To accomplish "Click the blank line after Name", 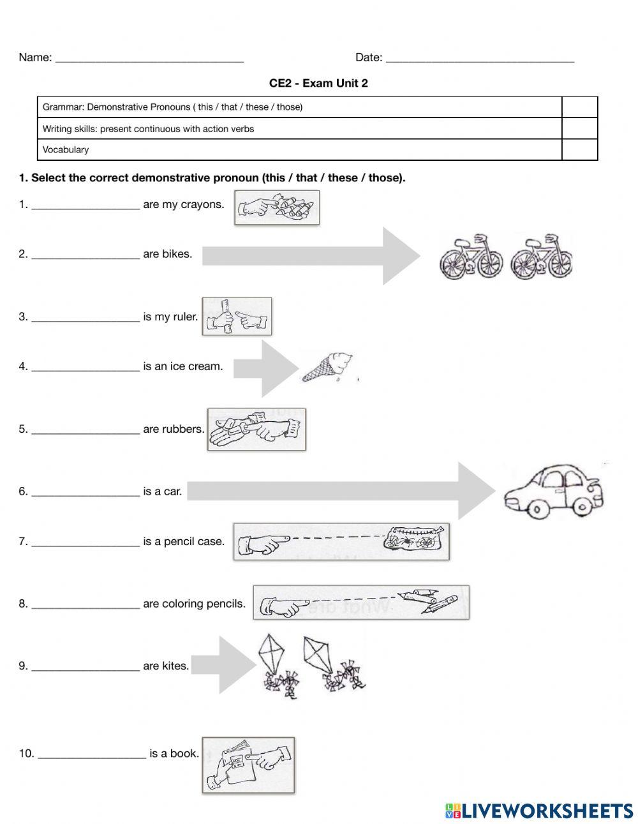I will (149, 59).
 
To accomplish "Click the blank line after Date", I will (480, 59).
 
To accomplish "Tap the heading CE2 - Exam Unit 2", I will (318, 83).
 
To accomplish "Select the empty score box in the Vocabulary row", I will (579, 150).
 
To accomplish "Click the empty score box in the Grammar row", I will (579, 107).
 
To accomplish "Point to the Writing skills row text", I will (148, 129).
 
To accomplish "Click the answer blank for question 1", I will (85, 206).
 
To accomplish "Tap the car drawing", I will (553, 491).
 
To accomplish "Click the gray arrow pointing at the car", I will (341, 491).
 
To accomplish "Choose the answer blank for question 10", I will (92, 754).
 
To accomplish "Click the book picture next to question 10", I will (248, 765).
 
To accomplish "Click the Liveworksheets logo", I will (538, 811).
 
